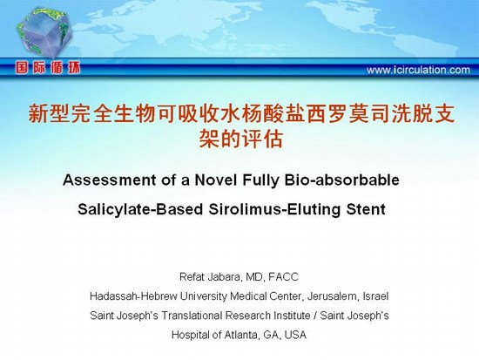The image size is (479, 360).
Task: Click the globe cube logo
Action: click(44, 33)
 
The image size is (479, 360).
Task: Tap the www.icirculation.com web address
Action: click(418, 70)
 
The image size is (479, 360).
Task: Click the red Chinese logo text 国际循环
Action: click(48, 68)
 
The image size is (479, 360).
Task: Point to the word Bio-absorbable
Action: click(342, 180)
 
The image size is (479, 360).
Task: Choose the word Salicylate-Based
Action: click(140, 209)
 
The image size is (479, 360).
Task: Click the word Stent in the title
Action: click(366, 209)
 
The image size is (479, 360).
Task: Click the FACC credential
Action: click(283, 277)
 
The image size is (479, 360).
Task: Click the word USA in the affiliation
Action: click(295, 335)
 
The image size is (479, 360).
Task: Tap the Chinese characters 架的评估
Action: click(241, 139)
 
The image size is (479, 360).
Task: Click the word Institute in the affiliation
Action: click(292, 316)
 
